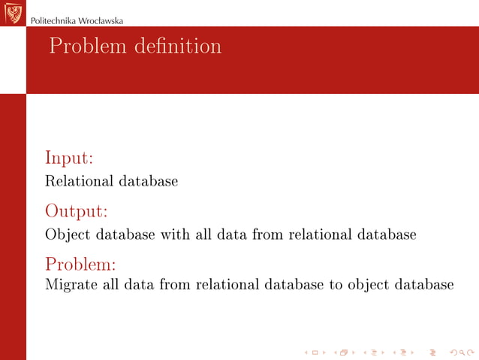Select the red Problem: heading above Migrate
point(81,265)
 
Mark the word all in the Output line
point(203,234)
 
